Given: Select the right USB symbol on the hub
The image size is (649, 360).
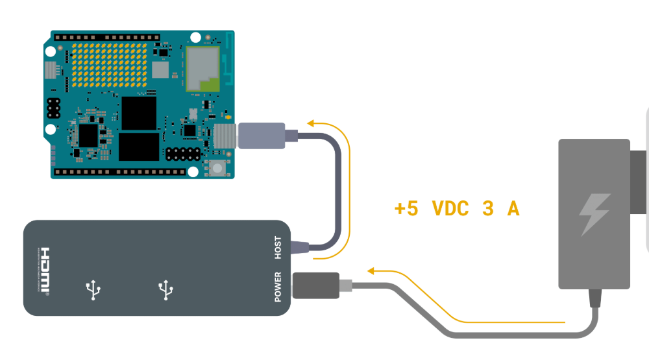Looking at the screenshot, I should click(x=166, y=290).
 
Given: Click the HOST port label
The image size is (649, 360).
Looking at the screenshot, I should click(x=278, y=247).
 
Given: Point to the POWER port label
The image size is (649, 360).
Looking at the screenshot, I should click(x=278, y=287).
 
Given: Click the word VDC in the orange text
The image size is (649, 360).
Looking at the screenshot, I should click(x=452, y=209).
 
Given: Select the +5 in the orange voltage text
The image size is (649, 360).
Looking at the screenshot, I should click(x=407, y=209).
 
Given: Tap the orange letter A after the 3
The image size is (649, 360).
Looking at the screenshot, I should click(x=513, y=209).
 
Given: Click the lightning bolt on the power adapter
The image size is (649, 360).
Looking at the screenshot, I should click(x=594, y=214).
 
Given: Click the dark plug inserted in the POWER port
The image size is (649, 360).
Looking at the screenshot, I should click(x=315, y=285).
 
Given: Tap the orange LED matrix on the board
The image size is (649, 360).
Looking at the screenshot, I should click(x=110, y=66).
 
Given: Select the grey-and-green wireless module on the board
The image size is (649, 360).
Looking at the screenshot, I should click(x=203, y=68).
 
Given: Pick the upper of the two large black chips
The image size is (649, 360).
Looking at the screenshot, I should click(x=139, y=113).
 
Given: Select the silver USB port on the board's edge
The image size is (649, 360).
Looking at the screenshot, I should click(x=225, y=136).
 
